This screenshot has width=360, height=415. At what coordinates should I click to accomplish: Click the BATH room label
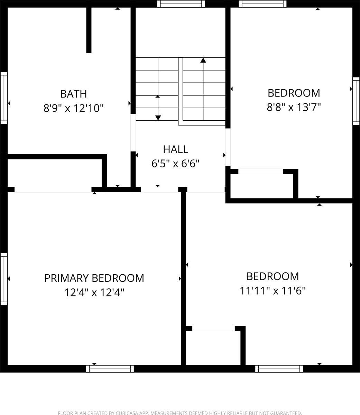pos(74,94)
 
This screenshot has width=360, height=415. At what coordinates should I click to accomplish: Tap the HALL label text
pos(176,149)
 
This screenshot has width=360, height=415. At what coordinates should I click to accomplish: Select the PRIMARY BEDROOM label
pos(94,278)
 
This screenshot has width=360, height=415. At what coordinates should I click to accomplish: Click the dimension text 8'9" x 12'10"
pos(73,108)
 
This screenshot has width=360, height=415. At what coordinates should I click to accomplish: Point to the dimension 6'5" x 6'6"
pos(175,164)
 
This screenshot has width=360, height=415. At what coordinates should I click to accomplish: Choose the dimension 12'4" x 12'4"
pos(94,293)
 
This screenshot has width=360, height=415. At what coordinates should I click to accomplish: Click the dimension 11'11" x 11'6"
pos(273,290)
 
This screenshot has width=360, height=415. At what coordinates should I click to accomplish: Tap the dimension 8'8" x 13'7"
pos(294,107)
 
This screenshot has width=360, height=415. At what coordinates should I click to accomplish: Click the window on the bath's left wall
pos(4,98)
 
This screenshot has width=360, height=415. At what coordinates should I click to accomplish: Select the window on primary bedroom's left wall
pos(4,279)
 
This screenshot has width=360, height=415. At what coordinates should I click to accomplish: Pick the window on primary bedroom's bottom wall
pos(110,369)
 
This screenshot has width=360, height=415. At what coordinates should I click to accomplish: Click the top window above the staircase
pos(181,4)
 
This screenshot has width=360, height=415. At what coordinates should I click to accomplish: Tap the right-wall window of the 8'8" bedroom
pos(356,101)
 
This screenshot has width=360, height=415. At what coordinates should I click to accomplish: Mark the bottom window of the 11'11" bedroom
pos(279,369)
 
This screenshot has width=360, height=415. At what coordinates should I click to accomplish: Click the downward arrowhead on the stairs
pos(158,118)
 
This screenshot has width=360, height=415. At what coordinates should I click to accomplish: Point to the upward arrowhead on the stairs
pos(203,60)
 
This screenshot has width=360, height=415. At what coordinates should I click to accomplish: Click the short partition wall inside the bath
pos(89,30)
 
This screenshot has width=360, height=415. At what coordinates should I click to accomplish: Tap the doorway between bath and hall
pos(133,133)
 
